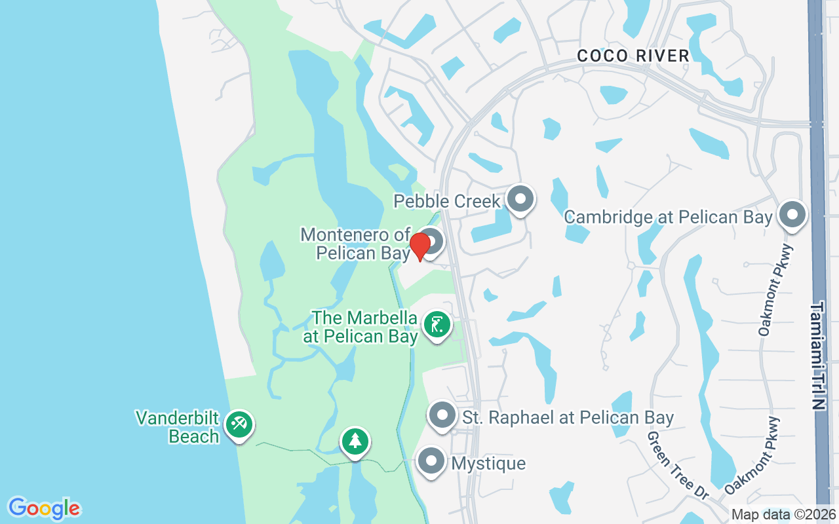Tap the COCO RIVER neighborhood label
633,56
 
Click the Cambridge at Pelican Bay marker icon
792,214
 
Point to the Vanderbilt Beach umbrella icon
239,424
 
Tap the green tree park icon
355,441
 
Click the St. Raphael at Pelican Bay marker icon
442,415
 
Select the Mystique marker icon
431,461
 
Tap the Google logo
44,508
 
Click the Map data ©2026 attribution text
783,515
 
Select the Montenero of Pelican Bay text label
356,244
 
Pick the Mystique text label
489,464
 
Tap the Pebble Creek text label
447,201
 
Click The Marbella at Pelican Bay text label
361,327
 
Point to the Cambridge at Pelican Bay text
668,217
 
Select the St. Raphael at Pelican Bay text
568,417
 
